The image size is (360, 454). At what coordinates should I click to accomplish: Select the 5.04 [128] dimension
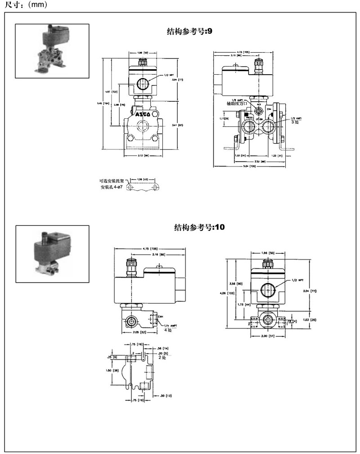point(250,166)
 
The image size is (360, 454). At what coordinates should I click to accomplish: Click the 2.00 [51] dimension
point(269,336)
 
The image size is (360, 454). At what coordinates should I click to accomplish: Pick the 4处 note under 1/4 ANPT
point(168,330)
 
